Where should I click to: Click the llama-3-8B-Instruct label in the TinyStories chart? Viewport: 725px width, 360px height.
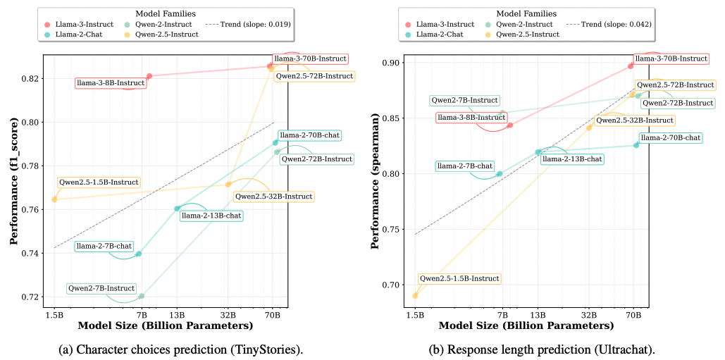point(111,83)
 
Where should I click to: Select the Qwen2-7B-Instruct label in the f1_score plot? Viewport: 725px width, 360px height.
point(101,288)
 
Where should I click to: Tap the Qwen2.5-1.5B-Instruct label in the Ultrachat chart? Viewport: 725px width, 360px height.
point(459,279)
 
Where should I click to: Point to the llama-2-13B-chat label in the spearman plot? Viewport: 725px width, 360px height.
point(571,159)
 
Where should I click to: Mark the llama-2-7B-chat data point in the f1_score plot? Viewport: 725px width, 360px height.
point(139,254)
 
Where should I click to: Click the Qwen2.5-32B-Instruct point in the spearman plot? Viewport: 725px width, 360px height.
point(589,128)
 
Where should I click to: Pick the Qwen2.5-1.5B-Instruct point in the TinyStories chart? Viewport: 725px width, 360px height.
point(54,199)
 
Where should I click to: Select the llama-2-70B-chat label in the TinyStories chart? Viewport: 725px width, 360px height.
point(309,135)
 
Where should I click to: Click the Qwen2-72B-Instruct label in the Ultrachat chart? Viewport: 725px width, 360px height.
point(678,103)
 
